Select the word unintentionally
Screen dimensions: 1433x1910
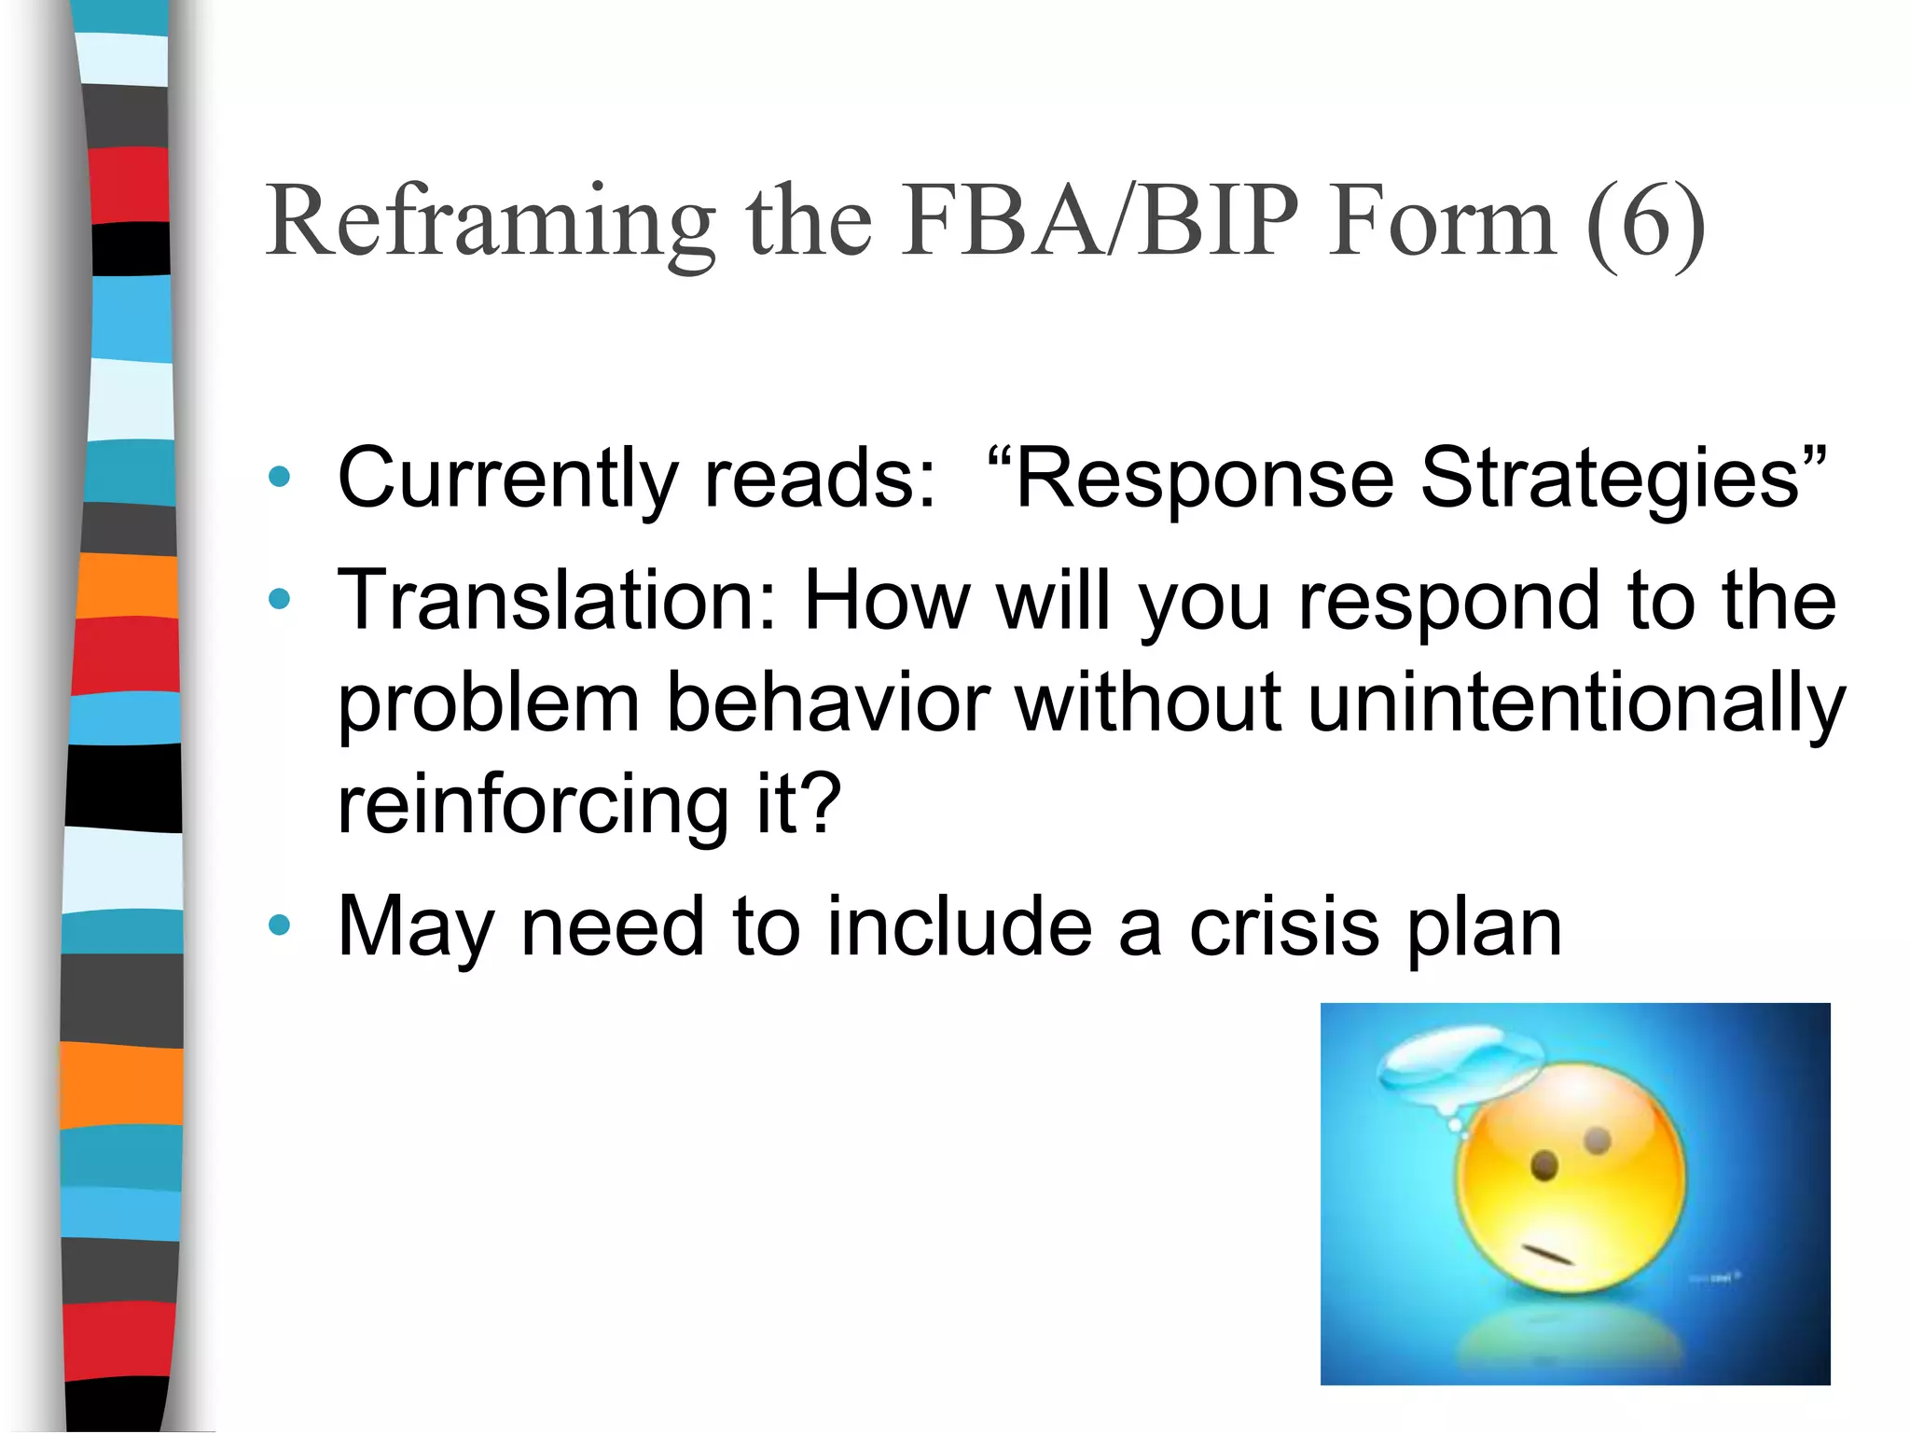(x=1576, y=703)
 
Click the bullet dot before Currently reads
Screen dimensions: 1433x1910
(x=279, y=478)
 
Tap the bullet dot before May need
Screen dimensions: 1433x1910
(x=279, y=925)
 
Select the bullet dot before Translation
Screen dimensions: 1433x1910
(x=279, y=599)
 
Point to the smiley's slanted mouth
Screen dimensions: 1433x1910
(x=1548, y=1254)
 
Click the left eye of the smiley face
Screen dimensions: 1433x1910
(x=1544, y=1165)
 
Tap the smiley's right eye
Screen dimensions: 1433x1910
(x=1598, y=1140)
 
